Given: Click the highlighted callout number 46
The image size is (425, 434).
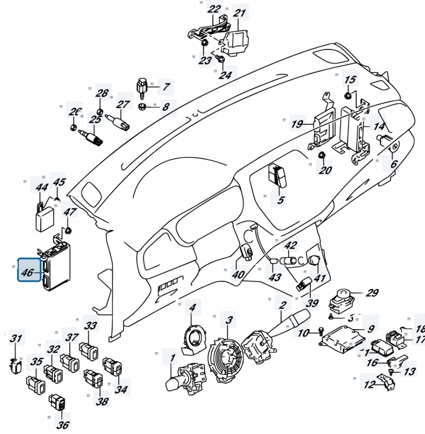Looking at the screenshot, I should [27, 273].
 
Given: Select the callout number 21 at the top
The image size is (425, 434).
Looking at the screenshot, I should [239, 14].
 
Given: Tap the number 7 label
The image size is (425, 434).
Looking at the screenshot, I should [166, 87].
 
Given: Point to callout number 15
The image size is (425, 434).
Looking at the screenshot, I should [350, 79].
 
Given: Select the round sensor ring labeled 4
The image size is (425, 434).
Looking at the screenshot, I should [194, 337].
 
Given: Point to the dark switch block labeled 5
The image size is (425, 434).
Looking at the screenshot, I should [276, 175].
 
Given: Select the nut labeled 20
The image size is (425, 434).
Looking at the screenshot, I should [321, 156].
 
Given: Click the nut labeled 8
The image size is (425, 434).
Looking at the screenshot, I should [143, 106].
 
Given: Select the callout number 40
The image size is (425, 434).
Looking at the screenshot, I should [238, 274].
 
